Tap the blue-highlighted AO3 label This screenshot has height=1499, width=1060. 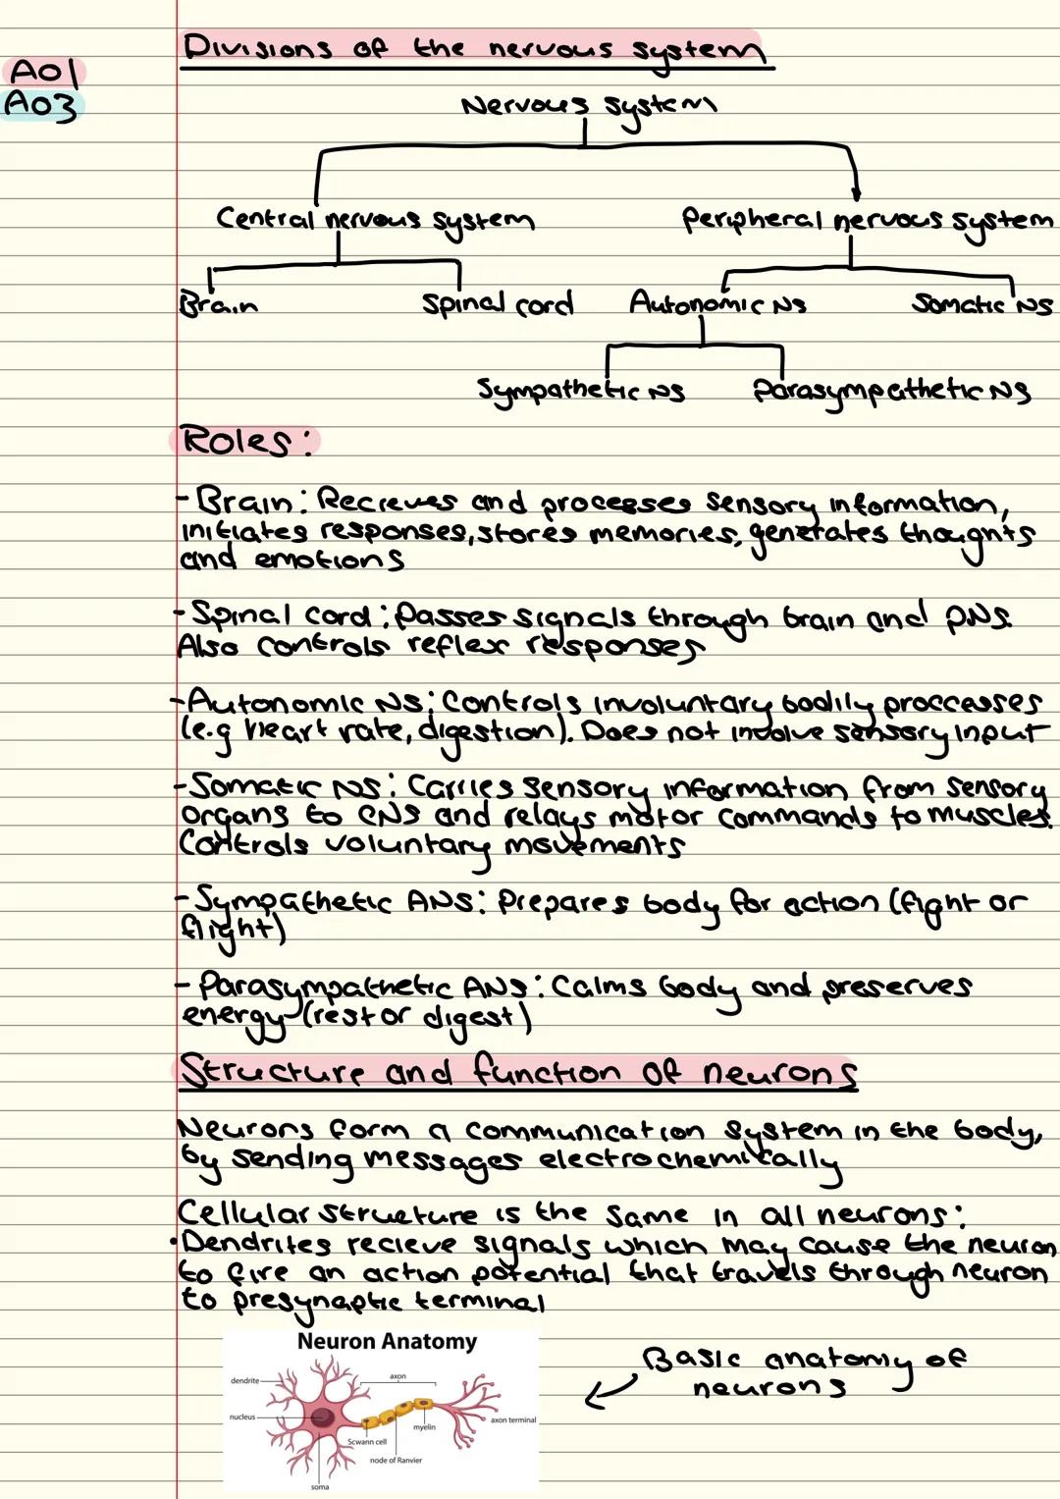tap(40, 104)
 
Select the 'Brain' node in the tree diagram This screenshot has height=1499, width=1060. tap(218, 304)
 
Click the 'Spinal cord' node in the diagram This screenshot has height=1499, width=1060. tap(497, 304)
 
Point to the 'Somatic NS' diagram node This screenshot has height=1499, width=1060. tap(981, 304)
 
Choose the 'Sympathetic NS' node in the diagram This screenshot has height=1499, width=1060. tap(580, 391)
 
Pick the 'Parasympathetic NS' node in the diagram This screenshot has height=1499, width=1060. tap(891, 392)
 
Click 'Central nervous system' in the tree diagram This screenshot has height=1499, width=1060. tap(375, 220)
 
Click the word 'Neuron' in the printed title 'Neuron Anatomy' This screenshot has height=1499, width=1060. tap(336, 1341)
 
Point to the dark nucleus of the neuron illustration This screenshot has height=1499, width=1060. tap(322, 1417)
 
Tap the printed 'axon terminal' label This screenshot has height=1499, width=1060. tap(513, 1419)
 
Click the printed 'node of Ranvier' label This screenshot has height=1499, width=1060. tap(396, 1460)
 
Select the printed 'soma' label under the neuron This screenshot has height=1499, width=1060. tap(320, 1487)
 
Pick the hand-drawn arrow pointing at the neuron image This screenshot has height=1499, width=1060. tap(609, 1392)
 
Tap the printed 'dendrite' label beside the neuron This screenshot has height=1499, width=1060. tap(244, 1380)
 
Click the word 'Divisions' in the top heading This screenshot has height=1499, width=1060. tap(257, 47)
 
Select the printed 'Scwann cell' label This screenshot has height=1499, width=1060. tap(367, 1442)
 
